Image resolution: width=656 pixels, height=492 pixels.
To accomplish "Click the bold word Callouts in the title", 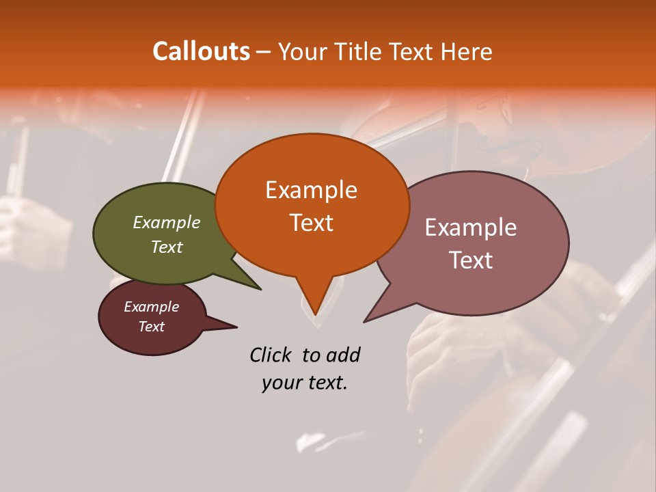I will (x=201, y=51).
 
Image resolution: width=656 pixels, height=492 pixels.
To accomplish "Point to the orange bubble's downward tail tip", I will (x=314, y=314).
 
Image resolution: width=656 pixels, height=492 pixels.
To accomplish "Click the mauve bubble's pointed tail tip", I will (x=366, y=321).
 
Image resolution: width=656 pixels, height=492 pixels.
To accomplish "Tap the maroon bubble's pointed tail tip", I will (x=236, y=327).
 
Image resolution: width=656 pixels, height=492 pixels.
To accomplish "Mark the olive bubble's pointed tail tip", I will (x=260, y=289).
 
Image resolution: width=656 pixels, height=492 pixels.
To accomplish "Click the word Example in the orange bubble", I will (x=311, y=190).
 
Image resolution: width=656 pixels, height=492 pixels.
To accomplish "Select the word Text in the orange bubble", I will (x=311, y=223).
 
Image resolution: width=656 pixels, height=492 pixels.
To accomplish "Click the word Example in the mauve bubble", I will (x=471, y=228).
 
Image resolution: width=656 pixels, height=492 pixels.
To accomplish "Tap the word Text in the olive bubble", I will (x=167, y=247).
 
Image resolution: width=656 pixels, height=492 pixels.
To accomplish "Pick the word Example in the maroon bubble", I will (x=151, y=307).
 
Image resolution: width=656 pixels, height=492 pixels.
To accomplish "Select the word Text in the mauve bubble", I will (x=471, y=260).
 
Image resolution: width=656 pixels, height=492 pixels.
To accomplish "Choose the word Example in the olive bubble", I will (x=167, y=223).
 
